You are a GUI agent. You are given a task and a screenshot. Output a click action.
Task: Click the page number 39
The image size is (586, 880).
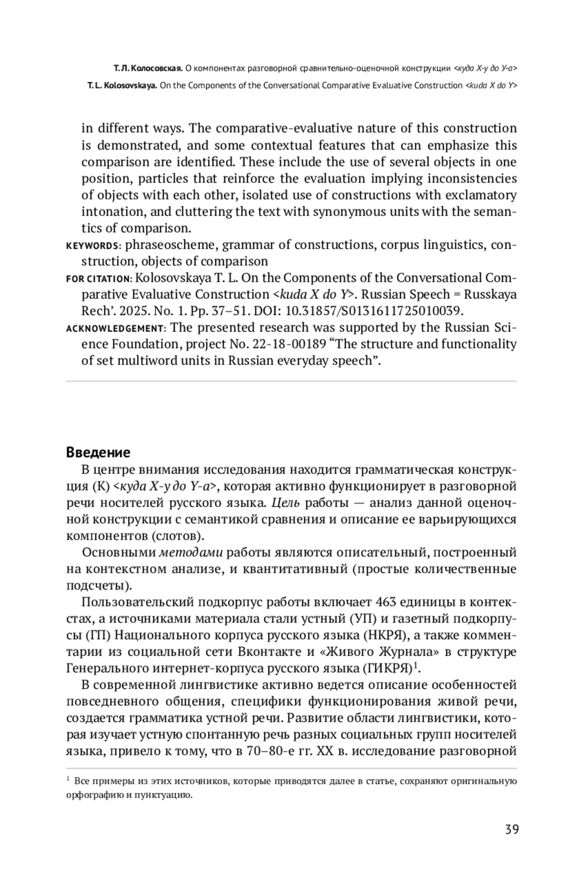click(x=511, y=829)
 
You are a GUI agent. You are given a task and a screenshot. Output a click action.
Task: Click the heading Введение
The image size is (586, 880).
click(x=98, y=452)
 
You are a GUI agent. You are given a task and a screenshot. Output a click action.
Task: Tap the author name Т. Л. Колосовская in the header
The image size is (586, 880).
click(x=148, y=68)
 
